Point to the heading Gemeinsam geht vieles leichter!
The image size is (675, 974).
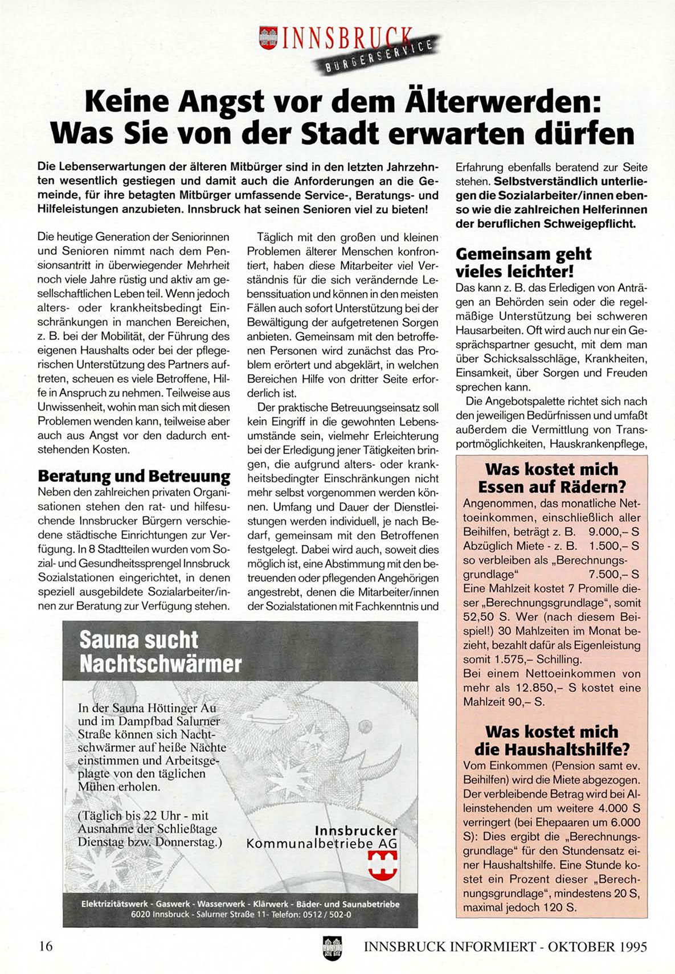click(523, 261)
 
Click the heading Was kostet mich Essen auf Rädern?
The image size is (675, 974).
click(551, 478)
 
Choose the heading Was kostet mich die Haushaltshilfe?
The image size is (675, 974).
click(551, 740)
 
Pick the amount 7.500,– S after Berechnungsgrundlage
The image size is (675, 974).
click(613, 574)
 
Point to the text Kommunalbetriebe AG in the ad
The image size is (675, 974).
click(322, 844)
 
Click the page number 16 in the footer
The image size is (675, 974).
click(46, 946)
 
